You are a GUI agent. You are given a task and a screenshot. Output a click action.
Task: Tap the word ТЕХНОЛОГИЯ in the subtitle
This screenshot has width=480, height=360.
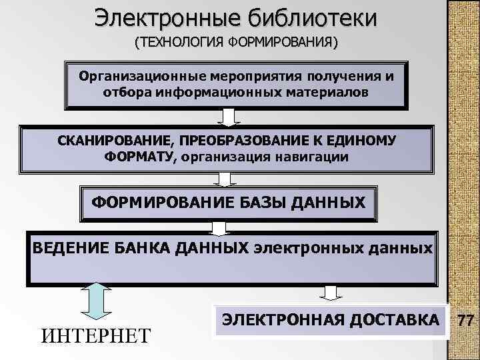[x=180, y=43]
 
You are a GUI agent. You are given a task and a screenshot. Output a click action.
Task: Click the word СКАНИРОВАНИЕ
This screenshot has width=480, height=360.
[x=109, y=141]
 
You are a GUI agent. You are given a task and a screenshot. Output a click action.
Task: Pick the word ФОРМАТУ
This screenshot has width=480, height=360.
[x=137, y=157]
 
